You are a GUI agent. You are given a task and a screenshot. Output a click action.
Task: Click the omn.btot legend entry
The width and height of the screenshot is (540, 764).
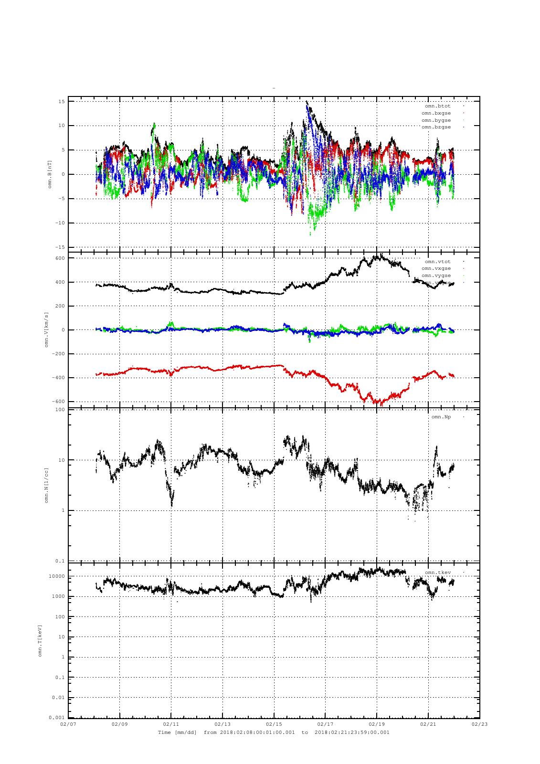(x=437, y=106)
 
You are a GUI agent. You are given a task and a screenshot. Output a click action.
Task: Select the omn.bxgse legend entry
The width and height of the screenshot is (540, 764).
(x=436, y=113)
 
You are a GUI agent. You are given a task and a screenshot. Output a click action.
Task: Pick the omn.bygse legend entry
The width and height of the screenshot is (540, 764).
(x=436, y=120)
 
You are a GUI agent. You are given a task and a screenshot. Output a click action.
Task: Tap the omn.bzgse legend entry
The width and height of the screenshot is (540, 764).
(x=436, y=127)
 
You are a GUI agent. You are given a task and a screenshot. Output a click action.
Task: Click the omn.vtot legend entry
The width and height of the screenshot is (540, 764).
(x=437, y=262)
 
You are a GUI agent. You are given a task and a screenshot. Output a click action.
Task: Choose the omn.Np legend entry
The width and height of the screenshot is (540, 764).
(x=441, y=417)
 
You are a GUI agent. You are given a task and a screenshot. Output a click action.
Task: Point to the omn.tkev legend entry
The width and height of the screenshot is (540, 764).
(x=437, y=573)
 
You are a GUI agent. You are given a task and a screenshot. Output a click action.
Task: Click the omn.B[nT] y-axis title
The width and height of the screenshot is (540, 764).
(x=49, y=174)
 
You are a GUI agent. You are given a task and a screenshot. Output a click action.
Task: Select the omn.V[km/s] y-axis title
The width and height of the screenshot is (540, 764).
(x=47, y=329)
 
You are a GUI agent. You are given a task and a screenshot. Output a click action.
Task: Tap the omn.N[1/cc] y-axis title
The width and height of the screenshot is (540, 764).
(x=47, y=485)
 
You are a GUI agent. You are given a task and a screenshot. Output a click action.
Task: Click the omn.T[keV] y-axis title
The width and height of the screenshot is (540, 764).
(x=40, y=640)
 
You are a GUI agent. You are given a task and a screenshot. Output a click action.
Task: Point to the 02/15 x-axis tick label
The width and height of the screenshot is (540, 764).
(x=274, y=724)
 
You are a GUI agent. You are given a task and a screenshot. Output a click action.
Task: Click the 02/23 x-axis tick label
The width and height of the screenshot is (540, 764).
(x=479, y=724)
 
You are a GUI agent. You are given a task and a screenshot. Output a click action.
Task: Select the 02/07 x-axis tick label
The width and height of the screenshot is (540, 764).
(x=68, y=724)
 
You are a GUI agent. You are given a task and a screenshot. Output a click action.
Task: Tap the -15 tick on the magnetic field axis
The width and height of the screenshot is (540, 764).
(x=61, y=247)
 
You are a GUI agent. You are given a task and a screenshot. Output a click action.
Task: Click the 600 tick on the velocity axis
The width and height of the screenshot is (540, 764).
(x=60, y=258)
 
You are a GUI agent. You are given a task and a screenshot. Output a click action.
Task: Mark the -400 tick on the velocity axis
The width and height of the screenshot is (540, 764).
(x=58, y=378)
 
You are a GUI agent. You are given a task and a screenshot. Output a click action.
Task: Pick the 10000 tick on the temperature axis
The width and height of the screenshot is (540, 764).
(x=57, y=577)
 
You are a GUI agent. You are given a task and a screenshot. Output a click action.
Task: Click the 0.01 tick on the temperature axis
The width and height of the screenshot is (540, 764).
(x=59, y=698)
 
